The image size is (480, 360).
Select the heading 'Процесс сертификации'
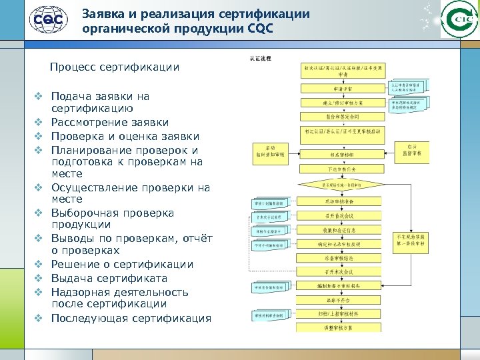pyautogui.click(x=115, y=67)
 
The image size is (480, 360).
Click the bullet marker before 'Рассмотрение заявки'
pyautogui.click(x=39, y=123)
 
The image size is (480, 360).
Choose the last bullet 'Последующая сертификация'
pyautogui.click(x=131, y=317)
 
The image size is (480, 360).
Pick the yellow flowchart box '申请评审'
pyautogui.click(x=343, y=87)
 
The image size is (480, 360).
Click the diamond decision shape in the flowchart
pyautogui.click(x=343, y=184)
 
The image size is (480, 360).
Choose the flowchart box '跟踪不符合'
pyautogui.click(x=343, y=300)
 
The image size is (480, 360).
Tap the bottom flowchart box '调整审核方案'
pyautogui.click(x=343, y=329)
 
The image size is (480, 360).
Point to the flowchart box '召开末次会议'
pyautogui.click(x=343, y=272)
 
